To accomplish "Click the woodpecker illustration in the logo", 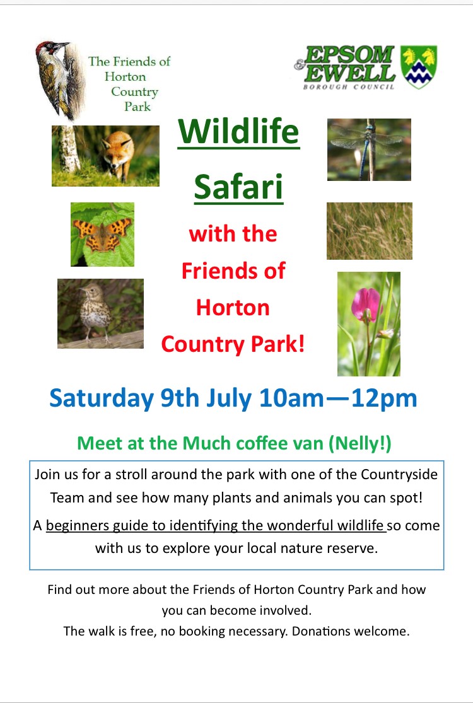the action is point(61,80).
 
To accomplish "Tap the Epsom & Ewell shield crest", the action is point(419,67).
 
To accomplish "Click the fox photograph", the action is point(105,156).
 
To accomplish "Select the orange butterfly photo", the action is point(102,234).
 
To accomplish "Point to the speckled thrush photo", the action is point(100,313).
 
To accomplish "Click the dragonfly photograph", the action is point(369,149).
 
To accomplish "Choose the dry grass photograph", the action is point(370,231).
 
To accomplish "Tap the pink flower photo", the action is point(368,323).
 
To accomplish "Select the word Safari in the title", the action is point(238,187).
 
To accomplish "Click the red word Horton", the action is point(233,308).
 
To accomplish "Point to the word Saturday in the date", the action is point(102,398).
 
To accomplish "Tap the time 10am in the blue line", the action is point(291,398).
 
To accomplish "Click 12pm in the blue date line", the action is point(384,398).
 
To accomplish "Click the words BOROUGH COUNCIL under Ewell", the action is point(349,86).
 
